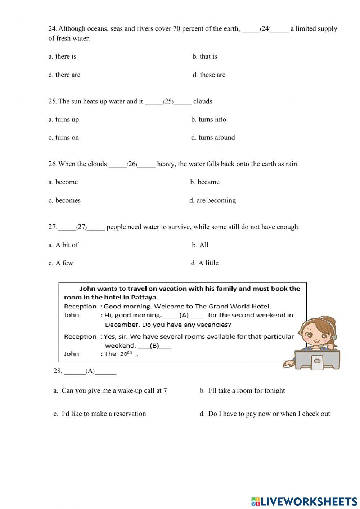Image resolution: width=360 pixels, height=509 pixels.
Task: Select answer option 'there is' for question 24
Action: [66, 57]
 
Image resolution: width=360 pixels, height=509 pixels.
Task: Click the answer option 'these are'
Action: [212, 75]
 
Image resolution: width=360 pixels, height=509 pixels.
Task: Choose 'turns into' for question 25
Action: [212, 120]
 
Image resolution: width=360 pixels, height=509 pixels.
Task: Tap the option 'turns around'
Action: [216, 138]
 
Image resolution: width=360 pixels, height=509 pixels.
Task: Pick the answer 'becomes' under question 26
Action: [68, 201]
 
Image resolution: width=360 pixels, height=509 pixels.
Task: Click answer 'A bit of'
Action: [67, 245]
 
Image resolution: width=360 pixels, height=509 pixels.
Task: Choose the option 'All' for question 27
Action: [204, 245]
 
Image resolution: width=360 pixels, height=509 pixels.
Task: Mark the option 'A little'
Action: [208, 263]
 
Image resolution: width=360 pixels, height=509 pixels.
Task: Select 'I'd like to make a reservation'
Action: [104, 414]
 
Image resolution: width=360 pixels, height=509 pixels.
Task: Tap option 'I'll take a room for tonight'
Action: [247, 391]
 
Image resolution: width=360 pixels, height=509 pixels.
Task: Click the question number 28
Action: [58, 371]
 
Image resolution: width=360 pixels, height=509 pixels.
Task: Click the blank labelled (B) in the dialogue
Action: [154, 346]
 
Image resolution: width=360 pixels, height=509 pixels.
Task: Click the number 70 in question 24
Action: [176, 29]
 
